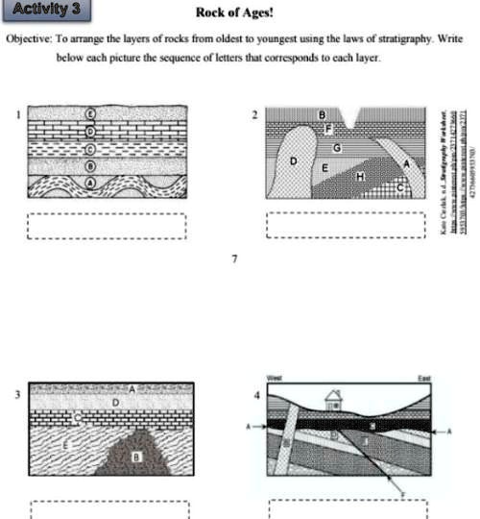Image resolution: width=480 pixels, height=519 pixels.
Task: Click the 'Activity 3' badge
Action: pos(48,12)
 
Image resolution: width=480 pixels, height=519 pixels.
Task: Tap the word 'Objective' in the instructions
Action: pos(30,39)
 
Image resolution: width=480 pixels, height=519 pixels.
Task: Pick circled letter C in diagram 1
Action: pos(92,147)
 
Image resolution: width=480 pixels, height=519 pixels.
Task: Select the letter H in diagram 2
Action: pos(360,177)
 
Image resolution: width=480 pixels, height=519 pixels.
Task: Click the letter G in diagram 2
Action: pos(336,147)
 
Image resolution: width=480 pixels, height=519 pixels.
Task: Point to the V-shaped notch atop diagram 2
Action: pos(357,121)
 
